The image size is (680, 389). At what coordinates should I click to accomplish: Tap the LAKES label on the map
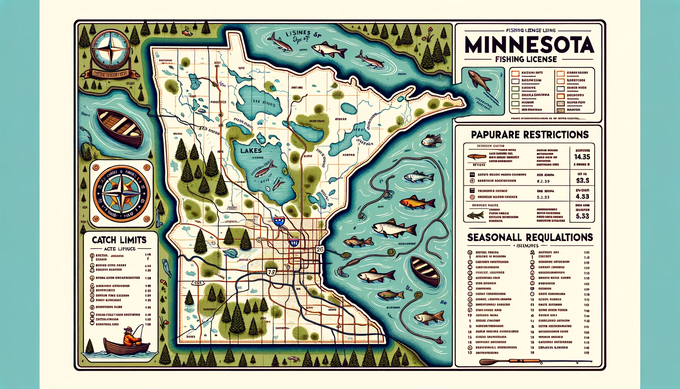click(x=251, y=150)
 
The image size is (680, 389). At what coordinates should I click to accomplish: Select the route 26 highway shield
click(x=320, y=249)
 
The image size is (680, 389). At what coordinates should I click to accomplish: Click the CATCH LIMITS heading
click(x=119, y=240)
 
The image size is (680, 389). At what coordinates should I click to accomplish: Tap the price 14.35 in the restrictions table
click(x=582, y=157)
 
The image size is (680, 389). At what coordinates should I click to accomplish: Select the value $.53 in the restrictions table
click(x=582, y=216)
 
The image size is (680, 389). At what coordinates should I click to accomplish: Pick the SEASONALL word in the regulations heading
click(x=494, y=237)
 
